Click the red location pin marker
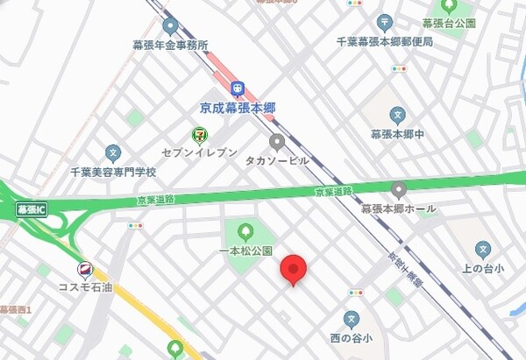[293, 269]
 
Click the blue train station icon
[237, 88]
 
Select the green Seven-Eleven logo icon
[200, 135]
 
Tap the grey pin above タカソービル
[277, 142]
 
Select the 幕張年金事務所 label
[170, 45]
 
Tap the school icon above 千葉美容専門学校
[112, 153]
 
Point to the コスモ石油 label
[86, 287]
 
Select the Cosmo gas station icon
[86, 269]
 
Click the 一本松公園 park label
[245, 251]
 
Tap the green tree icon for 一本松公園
[245, 232]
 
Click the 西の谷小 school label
[352, 337]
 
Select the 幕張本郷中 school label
[397, 134]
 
